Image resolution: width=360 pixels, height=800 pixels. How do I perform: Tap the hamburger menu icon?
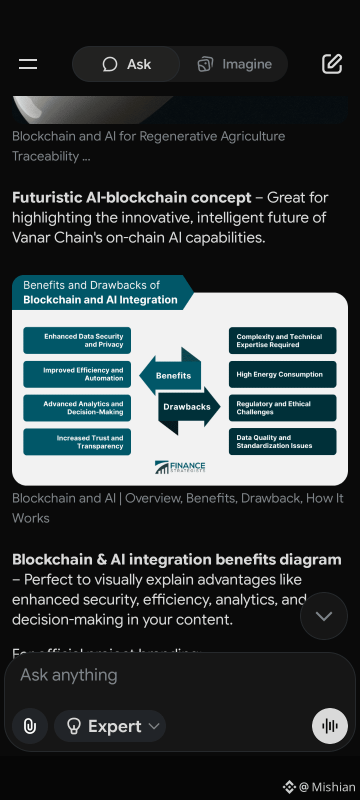[28, 64]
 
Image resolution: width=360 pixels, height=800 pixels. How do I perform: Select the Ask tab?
[126, 64]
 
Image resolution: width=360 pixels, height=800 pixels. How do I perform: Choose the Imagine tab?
[234, 64]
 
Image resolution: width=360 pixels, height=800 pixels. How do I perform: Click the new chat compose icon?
[332, 64]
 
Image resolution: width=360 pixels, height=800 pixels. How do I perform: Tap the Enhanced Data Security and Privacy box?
[77, 340]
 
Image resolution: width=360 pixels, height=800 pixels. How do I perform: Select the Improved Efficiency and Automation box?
[77, 374]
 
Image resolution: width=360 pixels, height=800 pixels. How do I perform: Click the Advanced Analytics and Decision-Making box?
[77, 408]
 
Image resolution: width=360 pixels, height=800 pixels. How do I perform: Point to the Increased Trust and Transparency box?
[77, 442]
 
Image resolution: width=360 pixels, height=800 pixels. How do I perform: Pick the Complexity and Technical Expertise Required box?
[282, 340]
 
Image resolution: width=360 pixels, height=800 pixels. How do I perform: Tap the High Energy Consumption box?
[282, 374]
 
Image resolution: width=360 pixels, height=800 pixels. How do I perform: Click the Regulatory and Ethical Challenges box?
[282, 408]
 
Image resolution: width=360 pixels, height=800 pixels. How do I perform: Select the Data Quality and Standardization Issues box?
[282, 441]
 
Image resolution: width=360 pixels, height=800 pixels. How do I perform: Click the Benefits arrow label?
[173, 375]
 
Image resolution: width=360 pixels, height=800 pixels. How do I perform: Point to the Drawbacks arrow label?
[187, 407]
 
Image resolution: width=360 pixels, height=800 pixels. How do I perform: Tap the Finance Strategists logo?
[180, 467]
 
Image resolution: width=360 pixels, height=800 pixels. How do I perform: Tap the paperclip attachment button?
[30, 726]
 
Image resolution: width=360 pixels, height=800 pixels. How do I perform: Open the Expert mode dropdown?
[110, 726]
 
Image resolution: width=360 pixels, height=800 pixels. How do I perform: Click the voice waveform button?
[330, 726]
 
